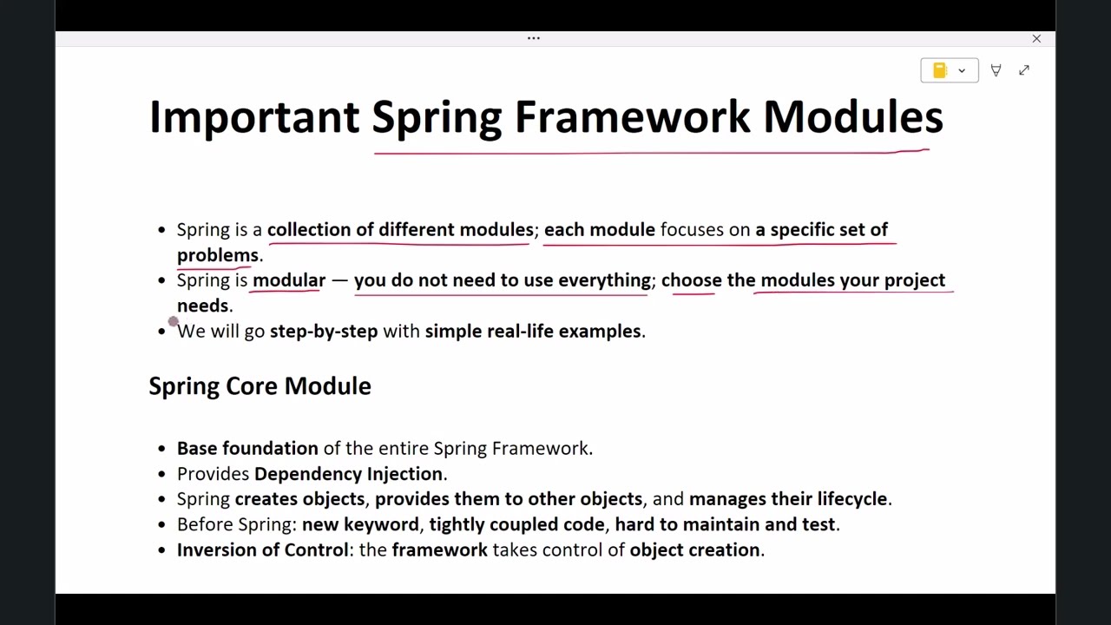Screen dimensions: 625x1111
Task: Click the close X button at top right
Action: (1036, 38)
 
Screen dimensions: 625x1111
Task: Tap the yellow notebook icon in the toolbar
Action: (939, 70)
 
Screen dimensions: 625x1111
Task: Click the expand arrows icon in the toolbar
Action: (1024, 70)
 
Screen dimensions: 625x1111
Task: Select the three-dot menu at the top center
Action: (534, 38)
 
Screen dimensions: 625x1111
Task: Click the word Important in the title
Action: (253, 117)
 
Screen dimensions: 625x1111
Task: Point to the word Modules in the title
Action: (852, 117)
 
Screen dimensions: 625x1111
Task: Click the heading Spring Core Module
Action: (260, 386)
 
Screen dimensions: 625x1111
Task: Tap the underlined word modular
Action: (289, 280)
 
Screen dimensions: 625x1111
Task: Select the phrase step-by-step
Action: (324, 332)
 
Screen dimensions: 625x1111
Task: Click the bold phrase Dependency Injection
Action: (348, 474)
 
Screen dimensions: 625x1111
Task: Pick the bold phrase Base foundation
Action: (247, 449)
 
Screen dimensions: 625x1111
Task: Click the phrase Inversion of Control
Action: (262, 550)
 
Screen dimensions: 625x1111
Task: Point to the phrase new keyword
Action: (360, 525)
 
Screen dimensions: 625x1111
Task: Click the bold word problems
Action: (218, 255)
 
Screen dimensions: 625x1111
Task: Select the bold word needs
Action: (203, 306)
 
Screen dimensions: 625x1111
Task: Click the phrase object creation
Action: (694, 550)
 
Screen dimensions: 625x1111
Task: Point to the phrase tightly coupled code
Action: (516, 525)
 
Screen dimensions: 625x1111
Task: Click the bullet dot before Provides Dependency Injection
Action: (161, 474)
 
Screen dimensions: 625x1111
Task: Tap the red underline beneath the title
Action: (651, 153)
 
